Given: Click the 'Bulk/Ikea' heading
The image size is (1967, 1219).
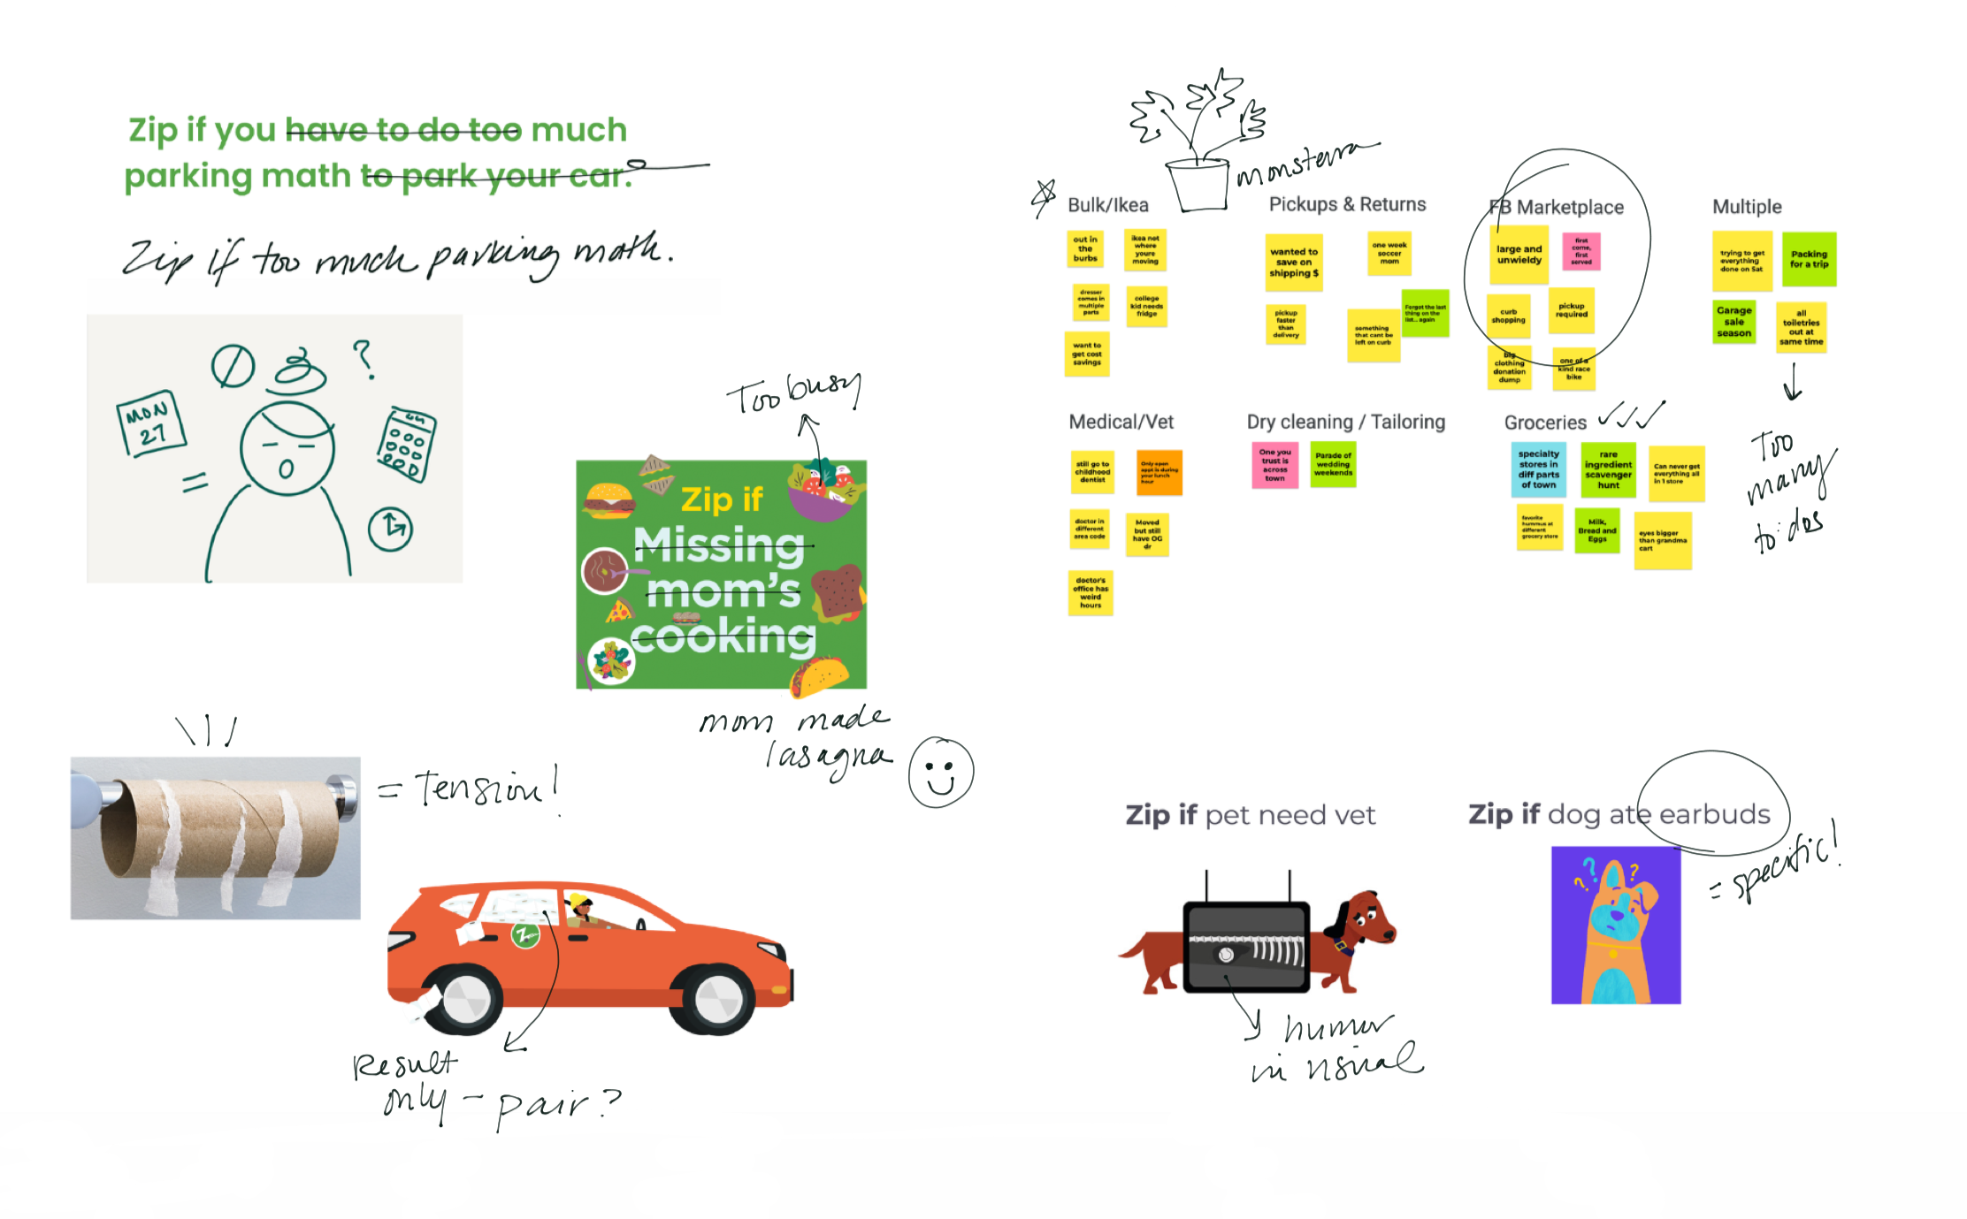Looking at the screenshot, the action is (1107, 205).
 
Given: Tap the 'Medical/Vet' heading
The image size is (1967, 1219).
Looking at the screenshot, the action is (1121, 422).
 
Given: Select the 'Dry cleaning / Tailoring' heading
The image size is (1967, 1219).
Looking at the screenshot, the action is (1345, 422).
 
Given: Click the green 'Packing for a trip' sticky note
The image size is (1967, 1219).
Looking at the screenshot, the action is (1809, 259).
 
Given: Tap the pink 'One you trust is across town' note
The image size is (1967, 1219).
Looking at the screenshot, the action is (1274, 465).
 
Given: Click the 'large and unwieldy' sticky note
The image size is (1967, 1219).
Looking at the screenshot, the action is (1519, 255).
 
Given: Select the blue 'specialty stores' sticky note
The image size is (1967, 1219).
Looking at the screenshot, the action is (1538, 469).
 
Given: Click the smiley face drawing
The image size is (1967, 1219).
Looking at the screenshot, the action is (941, 772).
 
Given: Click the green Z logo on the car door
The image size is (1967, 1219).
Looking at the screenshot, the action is (525, 934).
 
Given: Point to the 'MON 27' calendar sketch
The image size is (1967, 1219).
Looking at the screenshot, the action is (151, 423).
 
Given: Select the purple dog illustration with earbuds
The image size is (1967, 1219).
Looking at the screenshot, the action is (1615, 925).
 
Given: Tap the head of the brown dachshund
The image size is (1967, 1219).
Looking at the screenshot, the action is (1366, 919).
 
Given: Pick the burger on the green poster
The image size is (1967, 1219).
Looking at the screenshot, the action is (608, 499).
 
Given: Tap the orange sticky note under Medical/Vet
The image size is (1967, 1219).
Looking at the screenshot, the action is (1159, 472).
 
